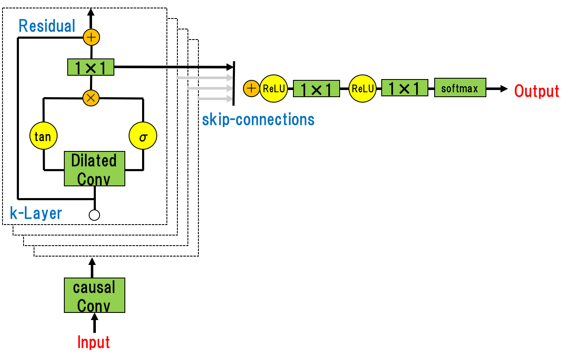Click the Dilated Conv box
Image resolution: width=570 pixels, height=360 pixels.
point(95,169)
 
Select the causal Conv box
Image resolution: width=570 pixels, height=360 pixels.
point(95,295)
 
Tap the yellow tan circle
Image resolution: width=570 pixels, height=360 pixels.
point(43,136)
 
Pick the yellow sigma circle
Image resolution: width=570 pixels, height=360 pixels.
point(143,136)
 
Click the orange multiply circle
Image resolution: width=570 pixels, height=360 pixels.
point(91,98)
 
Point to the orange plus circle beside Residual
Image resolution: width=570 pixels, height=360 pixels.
point(91,37)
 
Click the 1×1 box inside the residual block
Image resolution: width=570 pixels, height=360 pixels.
point(91,67)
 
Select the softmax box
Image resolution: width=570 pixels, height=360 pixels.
point(460,87)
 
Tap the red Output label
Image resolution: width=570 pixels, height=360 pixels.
point(536,91)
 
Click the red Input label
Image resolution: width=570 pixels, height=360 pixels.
point(94,342)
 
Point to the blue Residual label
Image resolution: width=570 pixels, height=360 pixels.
point(47,26)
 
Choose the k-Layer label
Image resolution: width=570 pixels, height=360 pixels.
point(36,213)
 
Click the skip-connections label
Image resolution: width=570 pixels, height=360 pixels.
point(258,120)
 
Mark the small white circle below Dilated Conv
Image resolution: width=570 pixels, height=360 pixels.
point(95,215)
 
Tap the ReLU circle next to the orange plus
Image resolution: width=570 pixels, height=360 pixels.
point(274,88)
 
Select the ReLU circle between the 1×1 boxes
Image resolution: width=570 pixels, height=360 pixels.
point(362,88)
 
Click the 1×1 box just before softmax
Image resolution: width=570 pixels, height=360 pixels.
point(404,88)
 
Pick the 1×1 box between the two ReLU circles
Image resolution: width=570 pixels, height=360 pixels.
point(316,89)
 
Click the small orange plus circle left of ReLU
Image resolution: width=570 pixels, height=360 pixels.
point(251,88)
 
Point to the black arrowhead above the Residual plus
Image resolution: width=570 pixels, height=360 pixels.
point(91,13)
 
